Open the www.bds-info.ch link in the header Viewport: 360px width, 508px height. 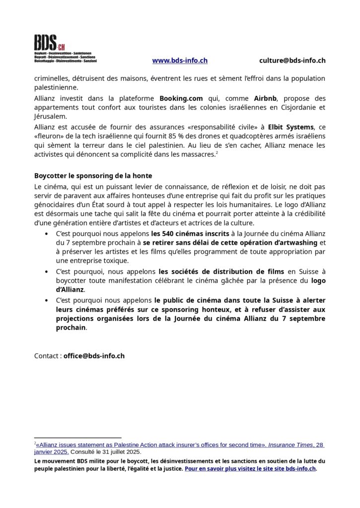click(x=179, y=61)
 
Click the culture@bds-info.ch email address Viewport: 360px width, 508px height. click(x=292, y=61)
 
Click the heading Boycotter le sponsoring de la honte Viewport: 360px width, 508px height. click(x=93, y=176)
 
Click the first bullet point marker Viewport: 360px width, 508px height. click(x=46, y=233)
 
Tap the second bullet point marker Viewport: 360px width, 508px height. click(x=46, y=271)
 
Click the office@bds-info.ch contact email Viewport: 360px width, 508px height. click(x=94, y=356)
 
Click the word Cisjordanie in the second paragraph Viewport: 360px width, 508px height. click(x=301, y=107)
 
